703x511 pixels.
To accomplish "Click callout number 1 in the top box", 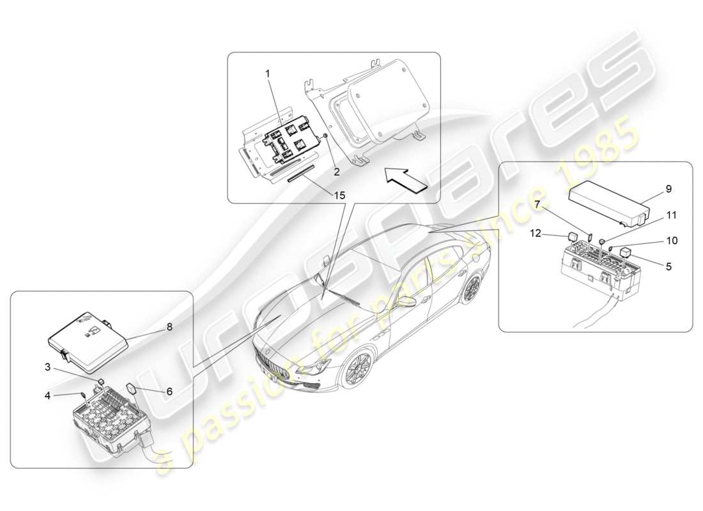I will pyautogui.click(x=268, y=74).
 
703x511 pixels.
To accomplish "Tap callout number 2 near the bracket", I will pyautogui.click(x=336, y=171).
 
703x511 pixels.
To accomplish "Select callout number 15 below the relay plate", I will pyautogui.click(x=339, y=195).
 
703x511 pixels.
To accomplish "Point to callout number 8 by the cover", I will pyautogui.click(x=169, y=326).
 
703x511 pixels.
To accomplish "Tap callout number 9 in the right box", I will pyautogui.click(x=668, y=189).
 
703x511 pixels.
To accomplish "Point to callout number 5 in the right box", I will pyautogui.click(x=668, y=267).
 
